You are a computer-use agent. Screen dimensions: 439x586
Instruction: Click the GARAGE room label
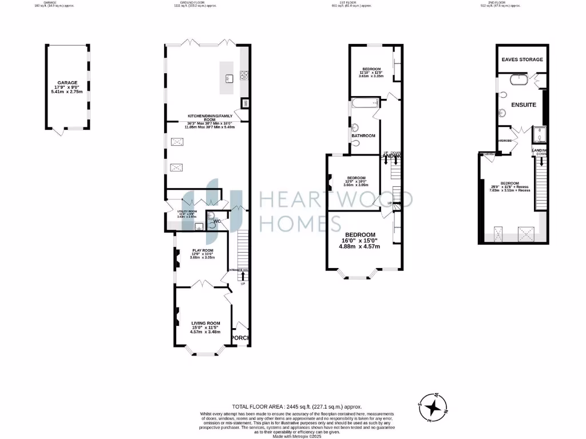66,82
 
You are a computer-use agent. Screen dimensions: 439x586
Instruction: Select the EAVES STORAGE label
522,59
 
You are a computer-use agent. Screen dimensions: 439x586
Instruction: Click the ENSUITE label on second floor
523,105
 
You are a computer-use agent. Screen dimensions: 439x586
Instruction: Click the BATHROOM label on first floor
363,135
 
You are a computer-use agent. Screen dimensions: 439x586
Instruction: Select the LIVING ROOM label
205,324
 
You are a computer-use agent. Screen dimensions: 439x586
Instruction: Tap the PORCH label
241,338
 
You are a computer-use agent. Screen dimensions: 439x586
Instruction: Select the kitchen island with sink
230,78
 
